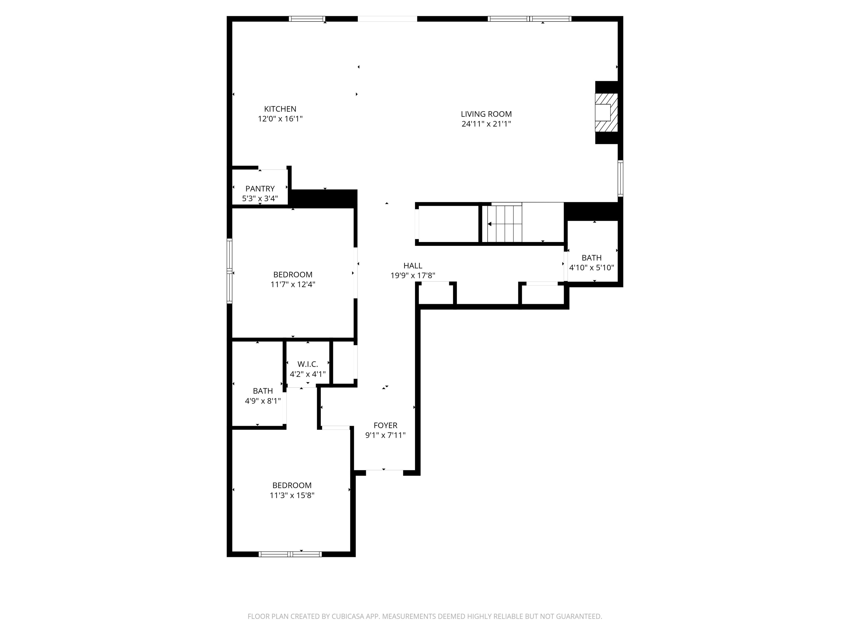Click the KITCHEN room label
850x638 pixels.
coord(280,109)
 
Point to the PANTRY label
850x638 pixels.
coord(260,189)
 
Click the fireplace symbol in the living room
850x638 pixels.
coord(606,112)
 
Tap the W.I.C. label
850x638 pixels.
coord(307,364)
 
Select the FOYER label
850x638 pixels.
coord(385,425)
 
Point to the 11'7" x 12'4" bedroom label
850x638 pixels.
coord(292,275)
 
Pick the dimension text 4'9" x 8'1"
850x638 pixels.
coord(263,401)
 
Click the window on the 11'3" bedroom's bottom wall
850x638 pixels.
coord(290,554)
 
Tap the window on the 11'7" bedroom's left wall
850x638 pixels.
coord(229,271)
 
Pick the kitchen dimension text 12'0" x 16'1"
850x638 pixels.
coord(280,119)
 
